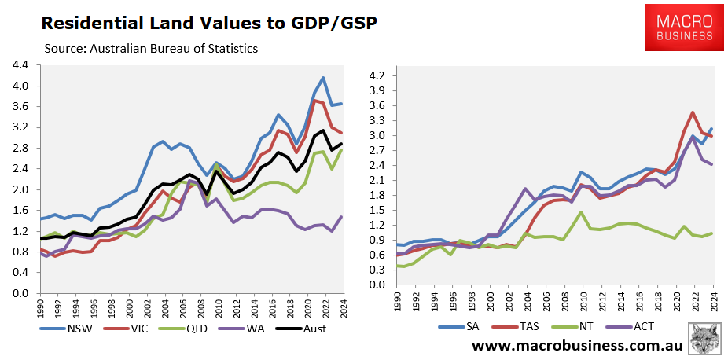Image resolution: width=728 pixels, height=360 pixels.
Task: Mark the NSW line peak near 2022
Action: (x=323, y=78)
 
